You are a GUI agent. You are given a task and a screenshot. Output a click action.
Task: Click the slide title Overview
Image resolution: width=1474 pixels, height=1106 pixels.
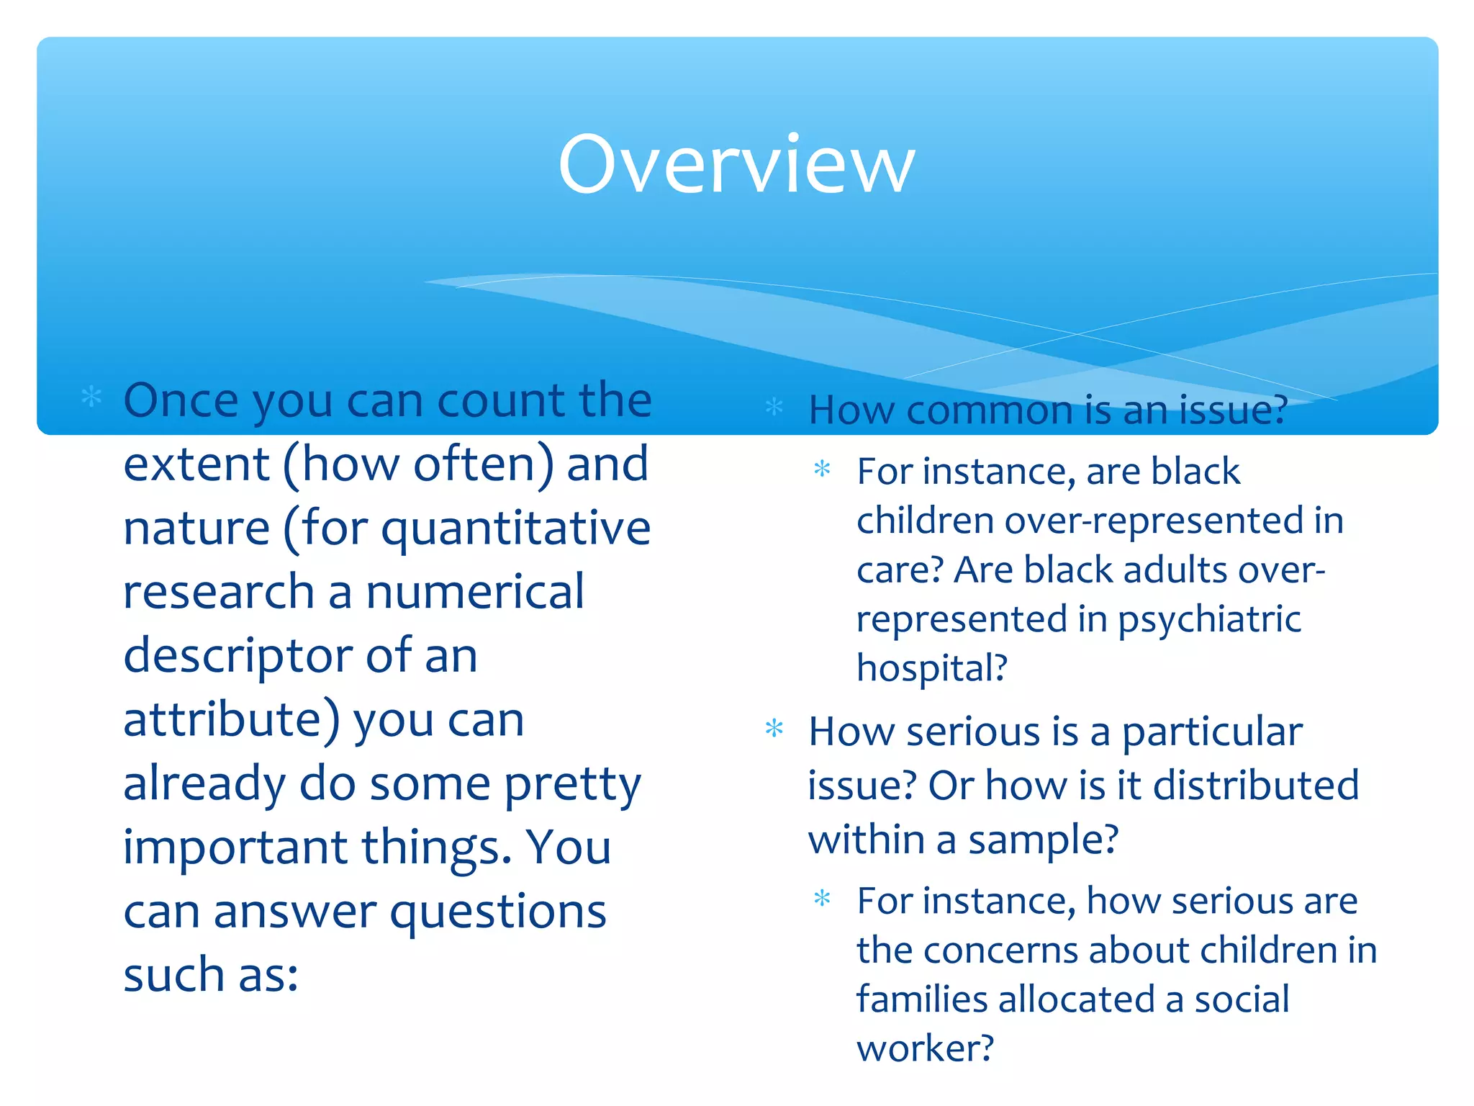point(736,165)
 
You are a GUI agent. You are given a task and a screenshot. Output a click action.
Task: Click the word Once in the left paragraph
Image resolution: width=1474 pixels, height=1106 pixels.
point(181,400)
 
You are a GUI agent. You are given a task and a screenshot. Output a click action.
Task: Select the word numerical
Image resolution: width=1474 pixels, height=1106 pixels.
point(474,592)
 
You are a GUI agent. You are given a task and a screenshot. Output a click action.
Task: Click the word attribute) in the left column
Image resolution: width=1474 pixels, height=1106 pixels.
point(231,720)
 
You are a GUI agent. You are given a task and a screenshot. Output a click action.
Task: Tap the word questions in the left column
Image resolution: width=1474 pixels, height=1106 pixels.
point(497,912)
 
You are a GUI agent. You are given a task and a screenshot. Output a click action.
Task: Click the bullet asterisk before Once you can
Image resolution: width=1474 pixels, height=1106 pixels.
point(91,397)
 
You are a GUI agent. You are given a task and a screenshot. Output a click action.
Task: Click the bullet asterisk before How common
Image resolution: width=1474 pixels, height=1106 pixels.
point(774,407)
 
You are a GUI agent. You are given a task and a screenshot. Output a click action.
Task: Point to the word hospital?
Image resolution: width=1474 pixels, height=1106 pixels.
point(931,668)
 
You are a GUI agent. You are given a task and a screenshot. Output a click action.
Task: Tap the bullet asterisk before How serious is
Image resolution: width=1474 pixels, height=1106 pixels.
point(774,729)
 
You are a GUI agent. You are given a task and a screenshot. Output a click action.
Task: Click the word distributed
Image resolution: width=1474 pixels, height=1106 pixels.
point(1256,785)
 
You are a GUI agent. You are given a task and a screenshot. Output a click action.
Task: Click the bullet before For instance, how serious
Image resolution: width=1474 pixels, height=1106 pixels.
point(822,899)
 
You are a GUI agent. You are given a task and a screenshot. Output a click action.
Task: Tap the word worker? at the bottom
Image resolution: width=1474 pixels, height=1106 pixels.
point(925,1048)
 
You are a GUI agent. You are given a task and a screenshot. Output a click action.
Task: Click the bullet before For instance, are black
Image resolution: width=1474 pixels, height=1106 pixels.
point(822,469)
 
